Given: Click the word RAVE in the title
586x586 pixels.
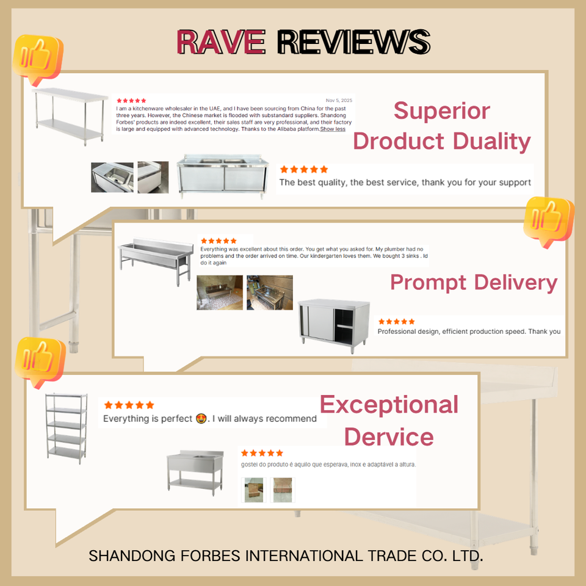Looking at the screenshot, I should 221,42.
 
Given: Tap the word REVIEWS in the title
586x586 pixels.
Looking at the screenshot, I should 353,42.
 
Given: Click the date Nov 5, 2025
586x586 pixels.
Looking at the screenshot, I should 339,100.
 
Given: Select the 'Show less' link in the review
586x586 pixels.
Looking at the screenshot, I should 333,129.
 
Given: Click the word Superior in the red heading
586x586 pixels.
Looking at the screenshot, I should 441,110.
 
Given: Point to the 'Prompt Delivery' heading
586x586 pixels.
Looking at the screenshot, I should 474,282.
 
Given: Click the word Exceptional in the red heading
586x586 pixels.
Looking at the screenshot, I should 389,404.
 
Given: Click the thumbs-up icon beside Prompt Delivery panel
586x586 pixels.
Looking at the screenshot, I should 549,220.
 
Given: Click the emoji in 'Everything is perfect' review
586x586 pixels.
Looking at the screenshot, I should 201,419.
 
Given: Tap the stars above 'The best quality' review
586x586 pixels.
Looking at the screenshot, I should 303,169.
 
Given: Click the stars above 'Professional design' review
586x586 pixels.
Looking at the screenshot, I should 396,322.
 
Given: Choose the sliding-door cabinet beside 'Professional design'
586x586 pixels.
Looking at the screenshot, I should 334,325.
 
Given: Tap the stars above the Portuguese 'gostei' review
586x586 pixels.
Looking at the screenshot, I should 262,453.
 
